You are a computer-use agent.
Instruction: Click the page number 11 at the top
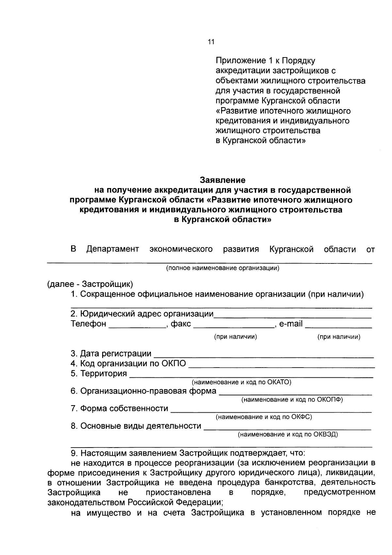pos(211,42)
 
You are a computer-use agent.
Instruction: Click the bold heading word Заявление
pos(222,180)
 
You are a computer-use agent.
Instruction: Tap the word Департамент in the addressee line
pos(113,249)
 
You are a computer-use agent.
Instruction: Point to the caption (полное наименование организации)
pos(222,268)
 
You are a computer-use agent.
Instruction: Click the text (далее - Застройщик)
pos(90,284)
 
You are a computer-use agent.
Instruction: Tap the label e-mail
pos(291,324)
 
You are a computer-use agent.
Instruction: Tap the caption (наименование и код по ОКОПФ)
pos(292,400)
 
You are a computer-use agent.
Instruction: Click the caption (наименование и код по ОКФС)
pos(264,417)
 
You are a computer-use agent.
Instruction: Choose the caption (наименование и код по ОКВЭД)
pos(287,435)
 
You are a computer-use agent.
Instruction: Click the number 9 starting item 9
pos(73,453)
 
